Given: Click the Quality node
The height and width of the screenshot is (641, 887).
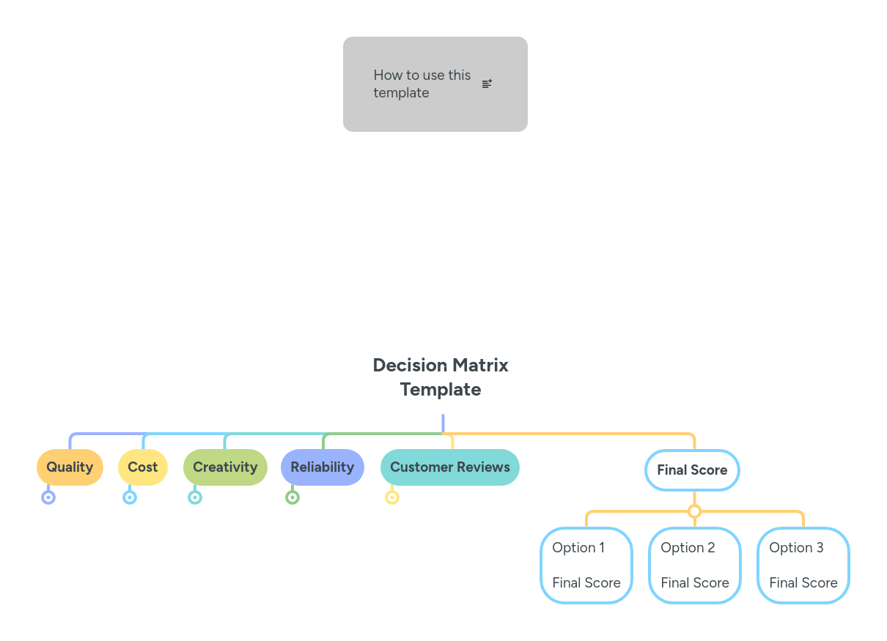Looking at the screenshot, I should [x=70, y=467].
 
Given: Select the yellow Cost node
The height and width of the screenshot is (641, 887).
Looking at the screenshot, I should [x=142, y=467].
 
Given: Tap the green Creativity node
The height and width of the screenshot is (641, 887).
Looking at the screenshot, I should [x=225, y=467].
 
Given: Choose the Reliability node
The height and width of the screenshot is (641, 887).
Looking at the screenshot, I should [x=322, y=467].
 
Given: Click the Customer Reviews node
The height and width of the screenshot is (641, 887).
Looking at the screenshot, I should [x=449, y=467].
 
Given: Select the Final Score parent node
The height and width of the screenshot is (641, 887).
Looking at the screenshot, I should [x=692, y=470].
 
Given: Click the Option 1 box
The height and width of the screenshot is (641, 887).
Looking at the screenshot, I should [x=586, y=565].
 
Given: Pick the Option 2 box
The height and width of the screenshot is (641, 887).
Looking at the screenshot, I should [x=694, y=565].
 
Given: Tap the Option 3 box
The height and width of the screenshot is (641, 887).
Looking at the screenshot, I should [x=803, y=565].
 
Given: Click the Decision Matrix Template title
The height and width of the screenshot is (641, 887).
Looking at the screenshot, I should [x=441, y=377].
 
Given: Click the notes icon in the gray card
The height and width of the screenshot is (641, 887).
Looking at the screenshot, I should [x=487, y=84].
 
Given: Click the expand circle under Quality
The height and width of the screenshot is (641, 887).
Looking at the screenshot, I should [x=48, y=497].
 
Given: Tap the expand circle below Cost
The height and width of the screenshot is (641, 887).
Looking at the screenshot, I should [x=130, y=497].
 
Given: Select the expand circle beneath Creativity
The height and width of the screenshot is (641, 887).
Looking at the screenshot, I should [x=195, y=497].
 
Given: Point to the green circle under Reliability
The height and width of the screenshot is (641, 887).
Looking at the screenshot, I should [x=292, y=497].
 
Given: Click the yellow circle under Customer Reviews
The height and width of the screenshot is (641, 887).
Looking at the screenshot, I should [x=392, y=497].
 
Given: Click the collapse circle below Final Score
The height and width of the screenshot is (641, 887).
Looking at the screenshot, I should [x=694, y=511].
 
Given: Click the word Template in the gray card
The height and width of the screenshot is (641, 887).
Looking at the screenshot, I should [x=401, y=93].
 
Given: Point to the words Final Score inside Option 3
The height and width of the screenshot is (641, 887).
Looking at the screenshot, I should [x=803, y=583].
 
